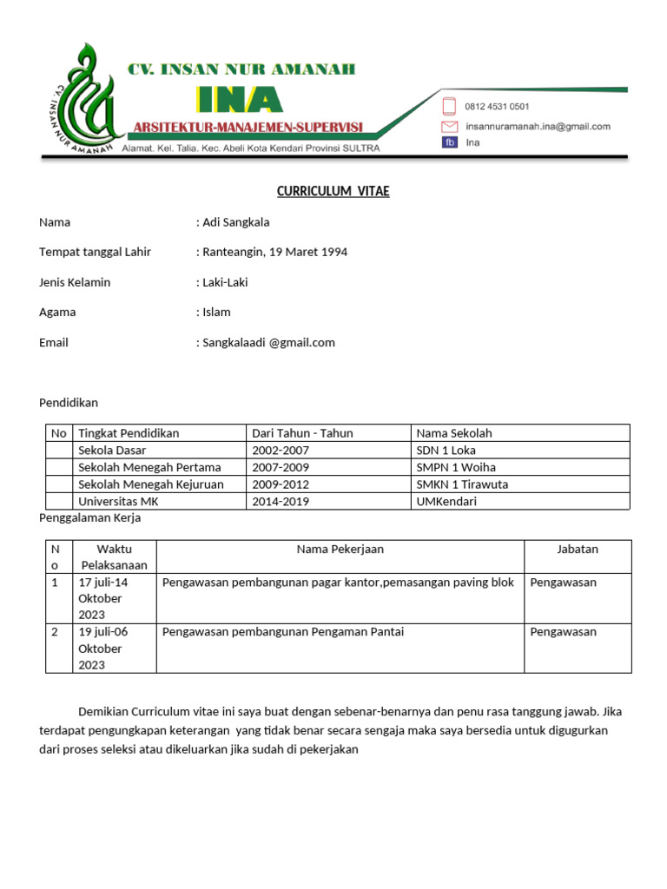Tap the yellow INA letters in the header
pyautogui.click(x=238, y=100)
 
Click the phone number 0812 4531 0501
pyautogui.click(x=497, y=107)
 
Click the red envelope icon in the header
pyautogui.click(x=450, y=126)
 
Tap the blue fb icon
pyautogui.click(x=450, y=142)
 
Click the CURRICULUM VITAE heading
pyautogui.click(x=333, y=191)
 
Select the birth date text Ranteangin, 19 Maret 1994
pyautogui.click(x=274, y=252)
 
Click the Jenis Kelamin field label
pyautogui.click(x=75, y=282)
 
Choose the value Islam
pyautogui.click(x=216, y=312)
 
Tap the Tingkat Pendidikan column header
pyautogui.click(x=129, y=433)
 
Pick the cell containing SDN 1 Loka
pyautogui.click(x=446, y=450)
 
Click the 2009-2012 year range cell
pyautogui.click(x=280, y=484)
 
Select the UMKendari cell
pyautogui.click(x=446, y=501)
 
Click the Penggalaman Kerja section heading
pyautogui.click(x=90, y=518)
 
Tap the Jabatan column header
pyautogui.click(x=578, y=549)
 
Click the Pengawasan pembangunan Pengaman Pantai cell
pyautogui.click(x=283, y=632)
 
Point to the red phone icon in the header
pyautogui.click(x=450, y=107)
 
